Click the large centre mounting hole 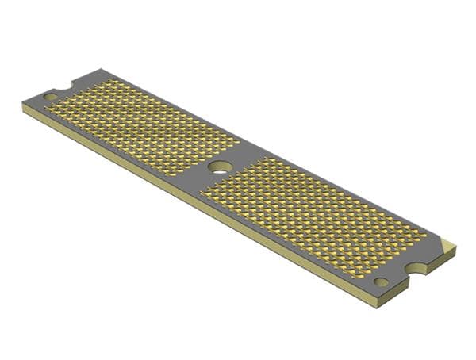point(221,167)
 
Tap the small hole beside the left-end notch point(50,97)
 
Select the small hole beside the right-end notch point(382,281)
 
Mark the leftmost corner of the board point(22,105)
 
